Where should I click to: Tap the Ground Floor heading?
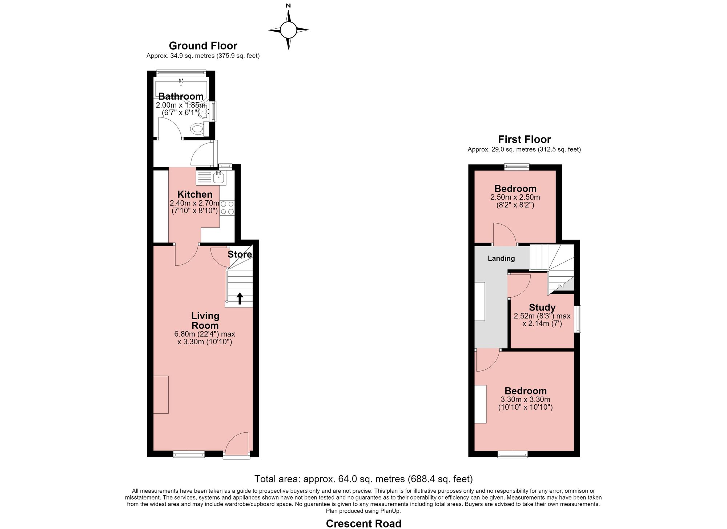tap(203, 46)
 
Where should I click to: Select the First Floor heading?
tap(524, 139)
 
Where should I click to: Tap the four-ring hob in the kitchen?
tap(227, 208)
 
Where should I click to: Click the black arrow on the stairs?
tap(240, 298)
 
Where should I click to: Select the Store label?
tap(240, 255)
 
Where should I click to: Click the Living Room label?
tap(205, 321)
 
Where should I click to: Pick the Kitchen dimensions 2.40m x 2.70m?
tap(194, 203)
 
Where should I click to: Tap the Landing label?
tap(501, 259)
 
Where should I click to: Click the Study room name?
tap(542, 308)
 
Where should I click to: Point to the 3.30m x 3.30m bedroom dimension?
tap(525, 400)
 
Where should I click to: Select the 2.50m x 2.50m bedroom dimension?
tap(515, 197)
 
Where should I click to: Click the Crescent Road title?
tap(363, 524)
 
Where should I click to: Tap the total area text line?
tap(363, 478)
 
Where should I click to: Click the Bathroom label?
tap(181, 96)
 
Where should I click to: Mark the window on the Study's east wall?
tap(577, 319)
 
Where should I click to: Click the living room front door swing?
tap(237, 443)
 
